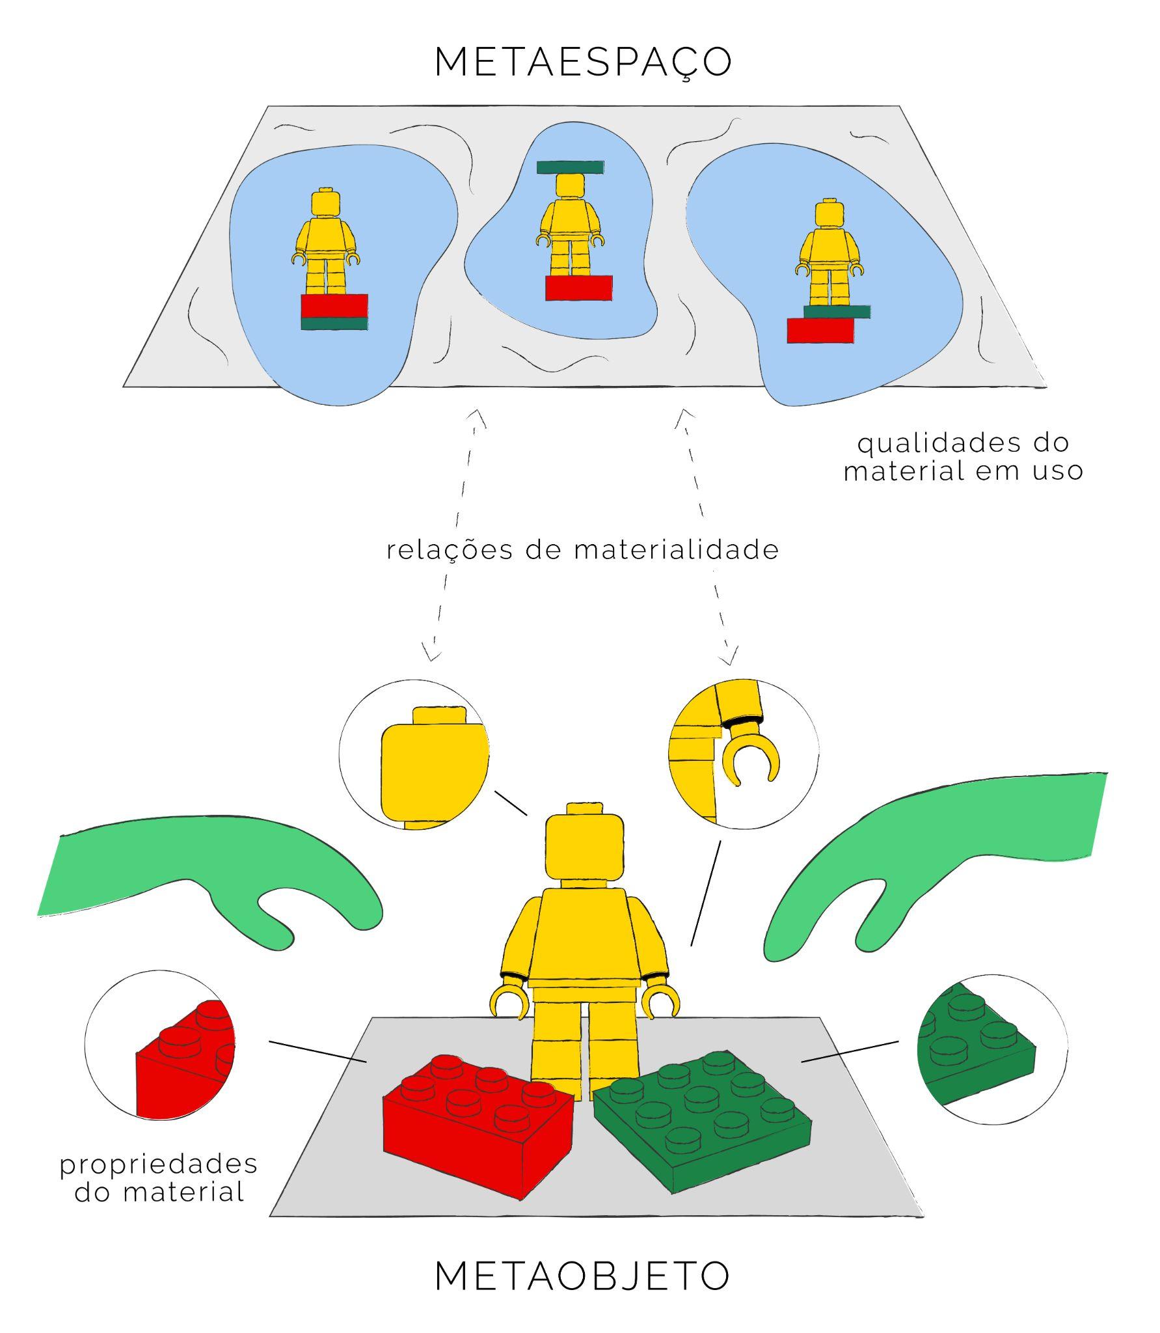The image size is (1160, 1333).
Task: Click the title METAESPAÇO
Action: (583, 63)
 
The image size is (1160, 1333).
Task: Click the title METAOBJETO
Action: (582, 1276)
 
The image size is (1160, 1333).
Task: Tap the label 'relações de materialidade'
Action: (582, 550)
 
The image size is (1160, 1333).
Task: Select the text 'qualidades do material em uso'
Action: (963, 457)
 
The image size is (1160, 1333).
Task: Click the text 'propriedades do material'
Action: (159, 1179)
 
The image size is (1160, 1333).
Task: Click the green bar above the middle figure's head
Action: (571, 167)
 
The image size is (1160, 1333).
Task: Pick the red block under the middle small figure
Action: (578, 288)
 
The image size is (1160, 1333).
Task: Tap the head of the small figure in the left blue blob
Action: (326, 202)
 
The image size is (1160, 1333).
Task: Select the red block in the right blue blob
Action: (820, 331)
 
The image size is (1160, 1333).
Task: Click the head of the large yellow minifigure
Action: (584, 847)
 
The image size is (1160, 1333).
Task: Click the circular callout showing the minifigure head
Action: (414, 755)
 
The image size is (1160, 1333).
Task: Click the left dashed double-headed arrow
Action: (455, 534)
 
